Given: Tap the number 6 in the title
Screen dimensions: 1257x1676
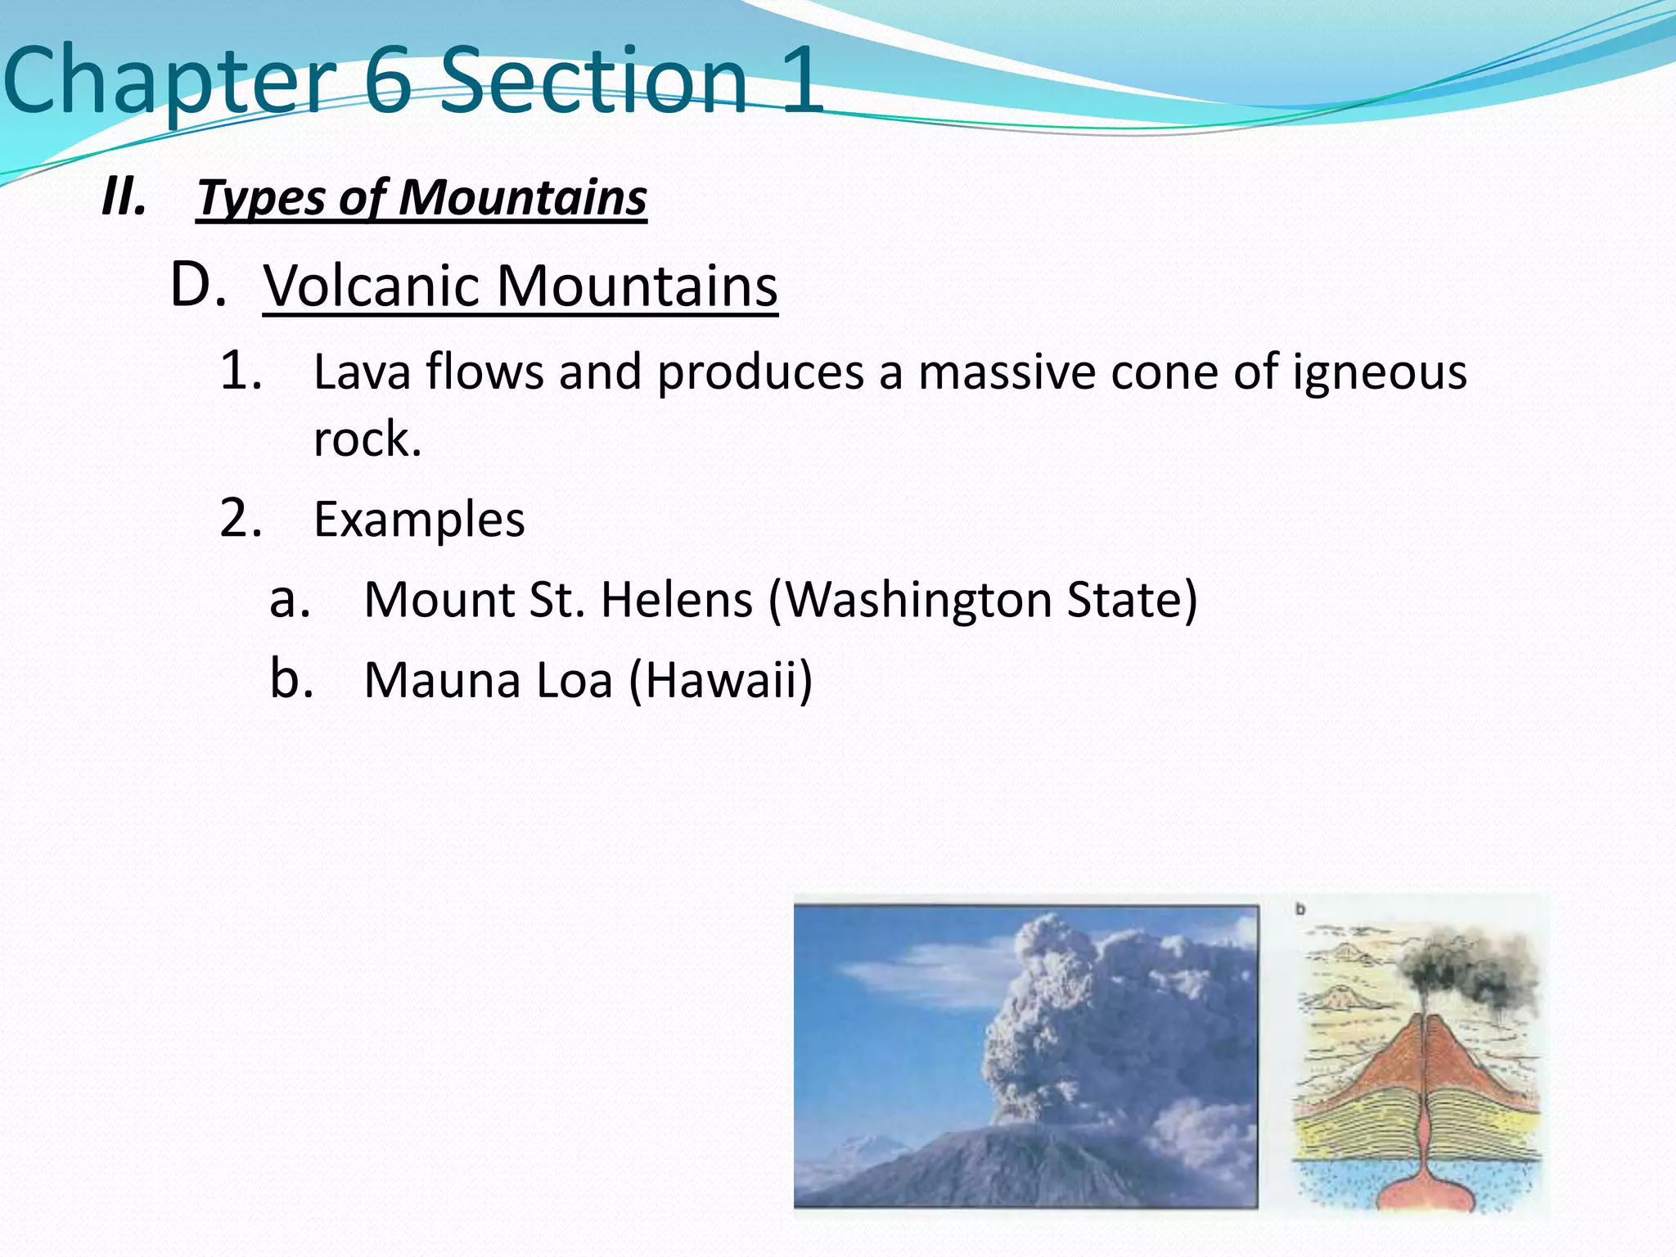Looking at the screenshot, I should (387, 80).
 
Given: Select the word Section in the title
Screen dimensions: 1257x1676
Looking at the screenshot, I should (594, 80).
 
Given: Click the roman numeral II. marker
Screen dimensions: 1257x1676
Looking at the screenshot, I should (124, 198).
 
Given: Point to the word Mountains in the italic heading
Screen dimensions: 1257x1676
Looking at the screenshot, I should (523, 198).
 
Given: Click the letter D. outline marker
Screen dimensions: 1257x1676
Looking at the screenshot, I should (198, 286).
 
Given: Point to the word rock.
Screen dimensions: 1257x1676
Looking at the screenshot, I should (367, 439).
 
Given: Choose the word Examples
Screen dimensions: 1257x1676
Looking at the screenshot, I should (419, 520).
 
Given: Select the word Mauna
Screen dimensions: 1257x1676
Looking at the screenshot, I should (441, 680).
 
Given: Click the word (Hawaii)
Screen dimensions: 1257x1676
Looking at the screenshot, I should (721, 680).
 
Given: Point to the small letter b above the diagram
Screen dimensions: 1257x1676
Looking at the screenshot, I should (1300, 910).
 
